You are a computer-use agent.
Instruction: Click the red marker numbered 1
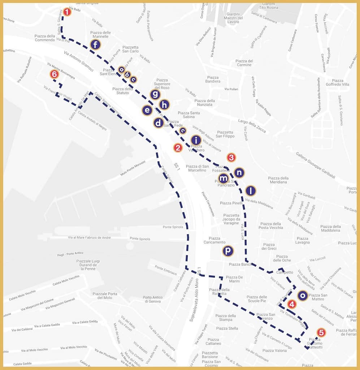coord(67,12)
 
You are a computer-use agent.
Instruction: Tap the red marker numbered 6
coord(54,74)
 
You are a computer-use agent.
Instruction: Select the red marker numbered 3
coord(231,158)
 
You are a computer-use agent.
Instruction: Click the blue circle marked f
coord(95,45)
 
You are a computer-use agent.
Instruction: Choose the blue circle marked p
coord(228,251)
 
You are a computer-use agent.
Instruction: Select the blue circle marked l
coord(251,191)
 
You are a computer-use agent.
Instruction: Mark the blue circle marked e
coord(147,110)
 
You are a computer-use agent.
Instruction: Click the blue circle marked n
coord(239,173)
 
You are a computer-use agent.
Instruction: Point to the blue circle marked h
coord(164,105)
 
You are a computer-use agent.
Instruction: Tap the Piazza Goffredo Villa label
coord(338,83)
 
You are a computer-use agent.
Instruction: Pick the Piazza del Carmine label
coord(244,63)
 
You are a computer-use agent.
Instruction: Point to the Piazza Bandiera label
coord(213,79)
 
